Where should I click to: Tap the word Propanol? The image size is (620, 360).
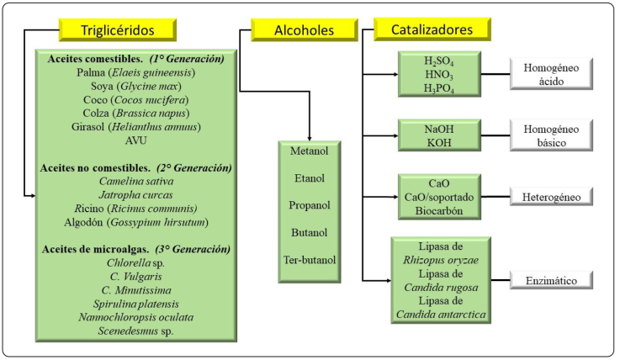[310, 205]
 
